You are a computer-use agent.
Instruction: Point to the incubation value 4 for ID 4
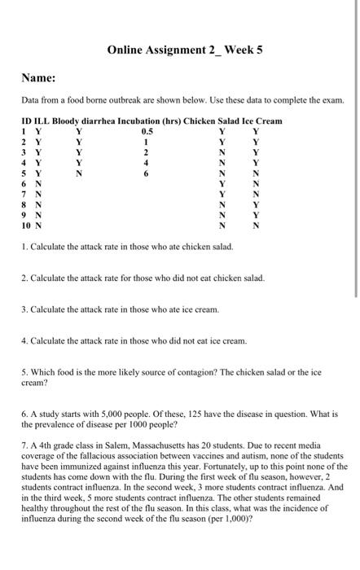[147, 162]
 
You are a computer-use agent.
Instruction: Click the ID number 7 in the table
[24, 194]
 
